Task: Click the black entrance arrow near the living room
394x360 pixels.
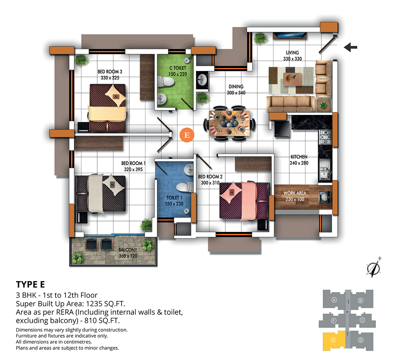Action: click(350, 47)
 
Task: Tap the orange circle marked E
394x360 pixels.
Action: click(187, 135)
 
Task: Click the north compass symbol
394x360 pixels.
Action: click(373, 267)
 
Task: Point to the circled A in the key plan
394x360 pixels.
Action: click(334, 300)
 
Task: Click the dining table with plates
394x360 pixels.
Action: click(230, 123)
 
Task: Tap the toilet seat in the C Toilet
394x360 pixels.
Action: click(166, 81)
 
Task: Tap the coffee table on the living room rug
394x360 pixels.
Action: click(292, 79)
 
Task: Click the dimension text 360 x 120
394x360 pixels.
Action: click(128, 256)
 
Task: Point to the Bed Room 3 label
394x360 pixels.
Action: click(110, 72)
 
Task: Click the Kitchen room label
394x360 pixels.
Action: click(299, 157)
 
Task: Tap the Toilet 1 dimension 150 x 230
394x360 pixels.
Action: click(174, 204)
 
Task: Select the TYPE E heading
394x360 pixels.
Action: click(31, 284)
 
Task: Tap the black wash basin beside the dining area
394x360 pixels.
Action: click(202, 80)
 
